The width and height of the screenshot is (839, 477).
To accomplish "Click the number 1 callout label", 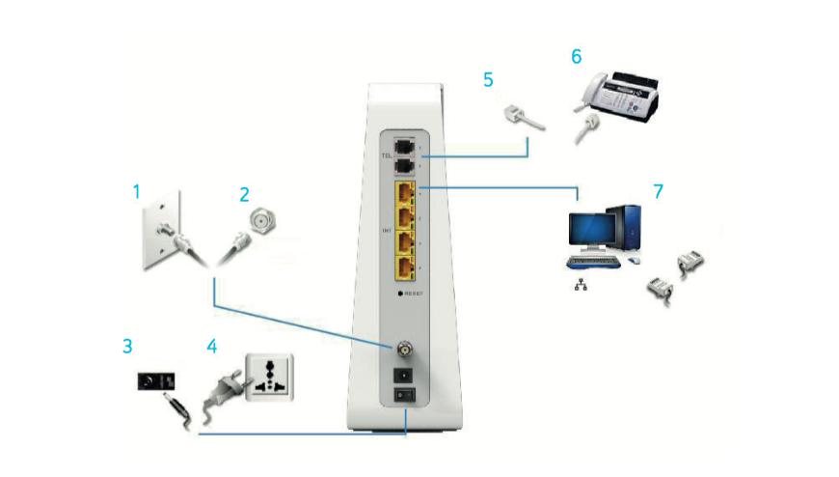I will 137,192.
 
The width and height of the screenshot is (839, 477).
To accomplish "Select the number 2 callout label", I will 245,192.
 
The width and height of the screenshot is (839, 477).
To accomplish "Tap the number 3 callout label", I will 126,344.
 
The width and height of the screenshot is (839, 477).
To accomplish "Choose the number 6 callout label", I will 576,57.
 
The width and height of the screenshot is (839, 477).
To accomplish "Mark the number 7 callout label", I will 659,191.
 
